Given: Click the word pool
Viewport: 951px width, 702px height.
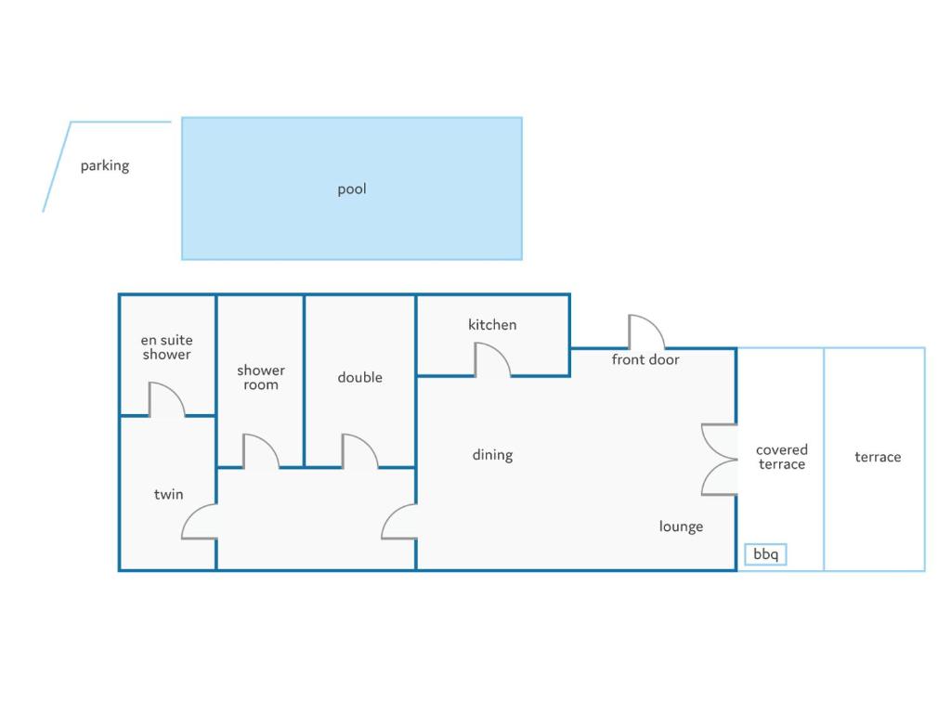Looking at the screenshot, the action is click(352, 189).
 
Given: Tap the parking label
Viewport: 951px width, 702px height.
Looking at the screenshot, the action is click(105, 165).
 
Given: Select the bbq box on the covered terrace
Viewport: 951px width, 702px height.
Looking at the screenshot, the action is click(765, 554).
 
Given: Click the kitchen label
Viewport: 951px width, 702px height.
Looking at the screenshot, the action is click(492, 325).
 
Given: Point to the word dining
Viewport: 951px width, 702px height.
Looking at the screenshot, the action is click(492, 455).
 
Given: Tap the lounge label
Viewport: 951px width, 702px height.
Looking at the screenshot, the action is click(681, 526).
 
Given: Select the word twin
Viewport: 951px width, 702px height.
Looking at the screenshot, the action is click(169, 495).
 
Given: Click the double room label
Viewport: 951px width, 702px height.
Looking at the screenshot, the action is click(359, 377).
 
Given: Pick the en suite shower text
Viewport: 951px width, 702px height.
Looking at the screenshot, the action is click(167, 347).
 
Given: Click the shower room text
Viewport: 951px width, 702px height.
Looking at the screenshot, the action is click(261, 378).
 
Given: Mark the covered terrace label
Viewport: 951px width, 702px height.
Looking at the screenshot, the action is click(782, 457).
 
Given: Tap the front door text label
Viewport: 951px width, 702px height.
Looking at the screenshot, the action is click(645, 360).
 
